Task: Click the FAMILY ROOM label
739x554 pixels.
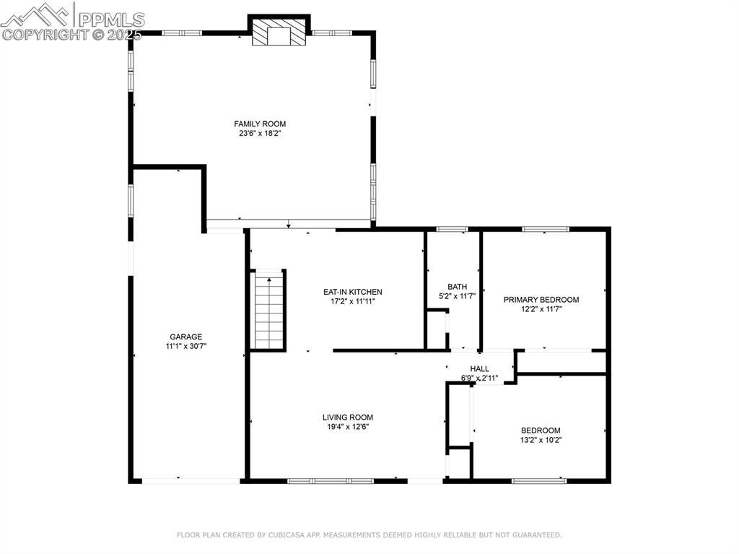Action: coord(260,124)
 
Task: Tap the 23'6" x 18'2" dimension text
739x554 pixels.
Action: coord(260,134)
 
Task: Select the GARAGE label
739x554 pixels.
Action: coord(185,337)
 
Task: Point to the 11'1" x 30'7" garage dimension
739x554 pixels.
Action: coord(185,347)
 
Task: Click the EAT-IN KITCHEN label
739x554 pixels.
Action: coord(352,292)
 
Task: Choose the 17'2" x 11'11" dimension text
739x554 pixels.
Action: coord(352,301)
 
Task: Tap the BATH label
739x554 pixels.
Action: coord(457,287)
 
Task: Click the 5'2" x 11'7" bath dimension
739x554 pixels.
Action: coord(457,296)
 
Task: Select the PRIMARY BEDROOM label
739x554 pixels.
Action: coord(541,300)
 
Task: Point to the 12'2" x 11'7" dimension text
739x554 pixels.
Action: coord(541,310)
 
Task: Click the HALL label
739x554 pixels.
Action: coord(479,368)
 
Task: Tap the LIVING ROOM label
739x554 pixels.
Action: coord(348,417)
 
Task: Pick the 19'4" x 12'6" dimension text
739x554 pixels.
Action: coord(348,427)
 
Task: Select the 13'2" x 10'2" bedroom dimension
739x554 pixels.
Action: coord(541,441)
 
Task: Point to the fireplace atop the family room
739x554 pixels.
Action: coord(279,32)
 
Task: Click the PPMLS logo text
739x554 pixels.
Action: coord(111,20)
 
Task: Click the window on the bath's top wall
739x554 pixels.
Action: coord(452,230)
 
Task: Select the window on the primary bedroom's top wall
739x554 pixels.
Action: coord(546,230)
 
